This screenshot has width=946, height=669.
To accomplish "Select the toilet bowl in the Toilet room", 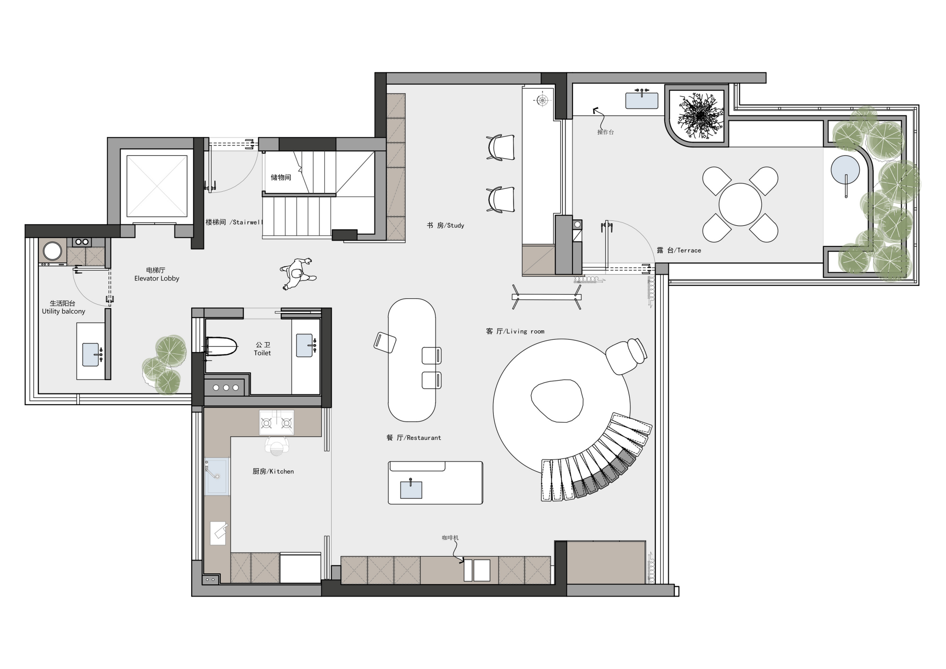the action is pyautogui.click(x=221, y=346).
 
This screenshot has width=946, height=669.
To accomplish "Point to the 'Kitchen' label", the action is pyautogui.click(x=273, y=471).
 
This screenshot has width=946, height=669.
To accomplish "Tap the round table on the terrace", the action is pyautogui.click(x=740, y=204).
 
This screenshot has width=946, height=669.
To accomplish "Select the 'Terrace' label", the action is pyautogui.click(x=679, y=250).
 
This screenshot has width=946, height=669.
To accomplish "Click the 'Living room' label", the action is pyautogui.click(x=515, y=331).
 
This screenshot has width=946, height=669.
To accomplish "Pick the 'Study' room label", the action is pyautogui.click(x=445, y=225).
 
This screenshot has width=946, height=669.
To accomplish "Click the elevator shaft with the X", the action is pyautogui.click(x=157, y=186).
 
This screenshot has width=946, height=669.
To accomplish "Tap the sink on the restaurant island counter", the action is pyautogui.click(x=411, y=489).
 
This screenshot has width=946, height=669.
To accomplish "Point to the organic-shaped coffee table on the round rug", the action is pyautogui.click(x=557, y=401).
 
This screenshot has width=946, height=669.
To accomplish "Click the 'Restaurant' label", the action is pyautogui.click(x=414, y=438).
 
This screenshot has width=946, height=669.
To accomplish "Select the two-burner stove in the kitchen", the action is pyautogui.click(x=276, y=423).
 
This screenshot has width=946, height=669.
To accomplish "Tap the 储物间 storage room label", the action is pyautogui.click(x=281, y=177).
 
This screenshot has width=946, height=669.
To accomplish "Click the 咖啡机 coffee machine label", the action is pyautogui.click(x=450, y=538).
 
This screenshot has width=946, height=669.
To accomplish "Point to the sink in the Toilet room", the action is pyautogui.click(x=305, y=345).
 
